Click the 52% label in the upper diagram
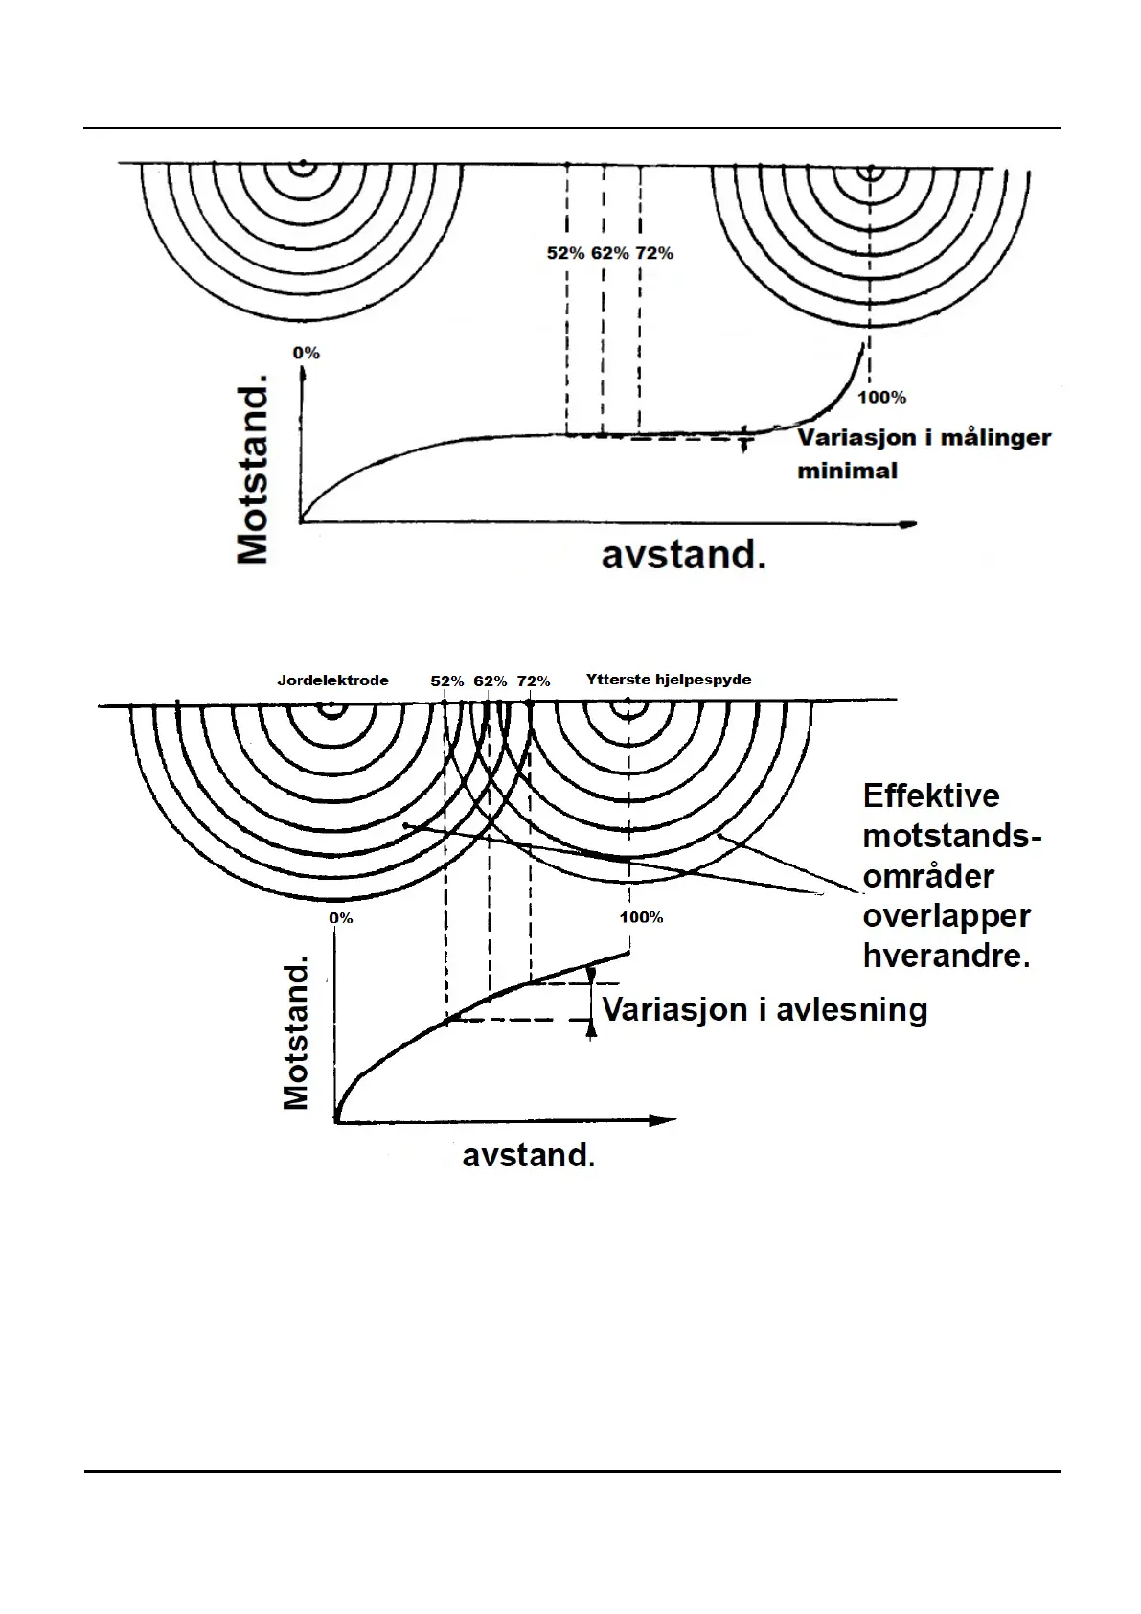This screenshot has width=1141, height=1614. click(565, 253)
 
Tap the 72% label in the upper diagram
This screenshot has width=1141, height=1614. click(654, 253)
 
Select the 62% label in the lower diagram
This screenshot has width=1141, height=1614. click(491, 681)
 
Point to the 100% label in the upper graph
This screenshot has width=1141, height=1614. click(881, 397)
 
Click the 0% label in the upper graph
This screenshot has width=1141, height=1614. click(307, 353)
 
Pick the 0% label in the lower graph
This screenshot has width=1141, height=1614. click(341, 917)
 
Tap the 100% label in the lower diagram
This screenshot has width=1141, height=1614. click(642, 917)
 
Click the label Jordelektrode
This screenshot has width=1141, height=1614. click(332, 680)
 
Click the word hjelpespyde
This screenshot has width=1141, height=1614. click(704, 680)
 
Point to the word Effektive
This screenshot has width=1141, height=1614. click(930, 796)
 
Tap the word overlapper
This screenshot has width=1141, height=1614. click(947, 916)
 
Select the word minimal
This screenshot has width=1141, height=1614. click(848, 471)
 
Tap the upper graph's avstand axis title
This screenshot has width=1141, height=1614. click(683, 555)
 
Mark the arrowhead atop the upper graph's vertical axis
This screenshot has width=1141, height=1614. click(302, 374)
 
